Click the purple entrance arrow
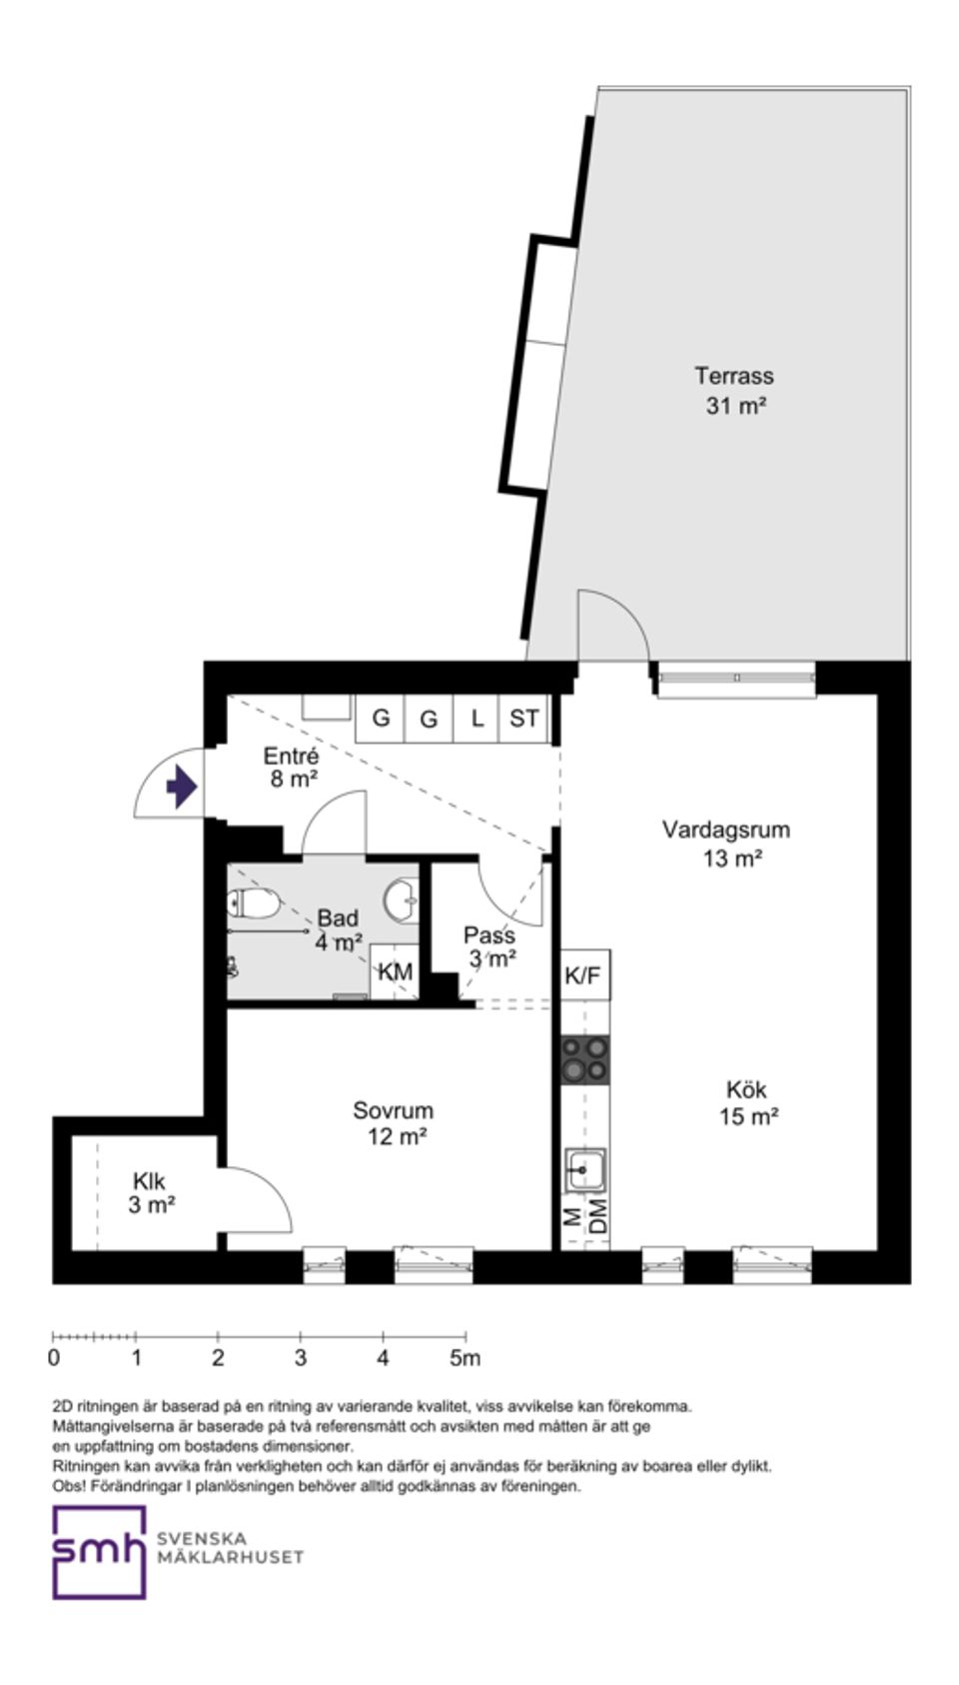(181, 787)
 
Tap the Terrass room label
(734, 376)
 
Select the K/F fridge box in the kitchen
(585, 974)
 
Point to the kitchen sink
(585, 1170)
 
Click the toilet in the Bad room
(254, 903)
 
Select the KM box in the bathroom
(395, 971)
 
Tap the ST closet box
(524, 719)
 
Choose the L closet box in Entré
(477, 719)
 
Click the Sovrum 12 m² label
(395, 1123)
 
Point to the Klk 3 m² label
(151, 1193)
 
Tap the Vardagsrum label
(726, 830)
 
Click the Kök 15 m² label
(747, 1102)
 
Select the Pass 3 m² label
(490, 946)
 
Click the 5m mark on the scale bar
(466, 1358)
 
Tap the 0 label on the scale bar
(53, 1358)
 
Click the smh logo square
(99, 1552)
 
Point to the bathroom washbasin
(402, 899)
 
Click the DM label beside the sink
(598, 1215)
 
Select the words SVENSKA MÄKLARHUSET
(230, 1548)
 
